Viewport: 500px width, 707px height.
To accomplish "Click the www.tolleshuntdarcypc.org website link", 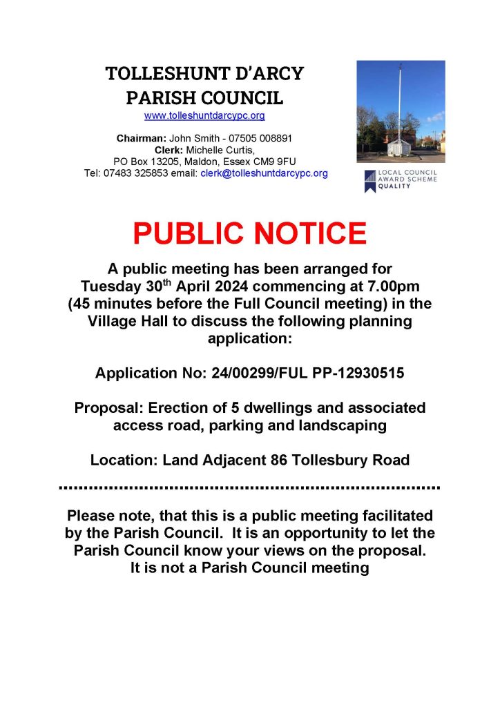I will pos(204,116).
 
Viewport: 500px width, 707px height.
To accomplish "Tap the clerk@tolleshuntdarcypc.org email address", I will pos(264,173).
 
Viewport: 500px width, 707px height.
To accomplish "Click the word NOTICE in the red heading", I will pos(308,234).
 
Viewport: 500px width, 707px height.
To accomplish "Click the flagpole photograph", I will pos(401,112).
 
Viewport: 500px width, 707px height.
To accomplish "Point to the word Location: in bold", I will pos(122,459).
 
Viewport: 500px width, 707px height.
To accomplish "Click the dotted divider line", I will pos(250,487).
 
